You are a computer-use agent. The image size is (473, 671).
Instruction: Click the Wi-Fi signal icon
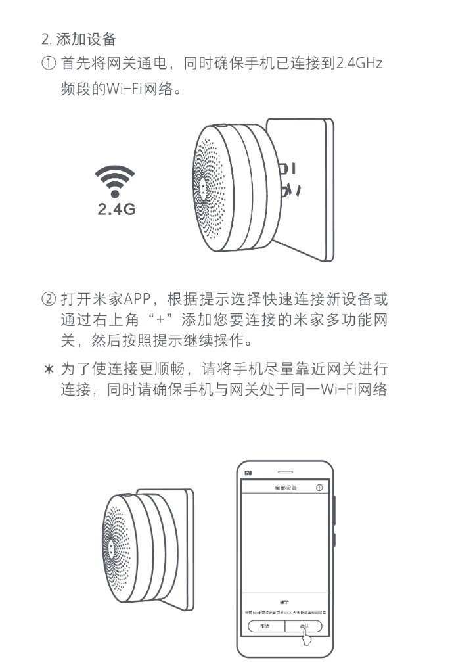116,181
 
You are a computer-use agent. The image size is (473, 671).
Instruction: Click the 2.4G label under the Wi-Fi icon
116,210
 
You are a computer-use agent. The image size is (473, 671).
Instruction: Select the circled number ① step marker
48,64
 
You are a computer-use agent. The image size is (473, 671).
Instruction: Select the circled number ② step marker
48,300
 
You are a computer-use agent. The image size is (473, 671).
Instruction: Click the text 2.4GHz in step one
359,64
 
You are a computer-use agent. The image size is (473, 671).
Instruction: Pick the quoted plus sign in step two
160,321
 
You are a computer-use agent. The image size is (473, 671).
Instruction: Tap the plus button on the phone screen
319,488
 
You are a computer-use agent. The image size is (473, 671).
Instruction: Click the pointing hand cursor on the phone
306,632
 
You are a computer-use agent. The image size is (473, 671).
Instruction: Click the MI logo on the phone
248,473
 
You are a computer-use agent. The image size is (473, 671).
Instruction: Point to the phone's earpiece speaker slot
285,472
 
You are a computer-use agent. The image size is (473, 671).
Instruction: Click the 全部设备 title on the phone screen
285,488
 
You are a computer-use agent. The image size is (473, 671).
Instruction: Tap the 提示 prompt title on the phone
285,601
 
